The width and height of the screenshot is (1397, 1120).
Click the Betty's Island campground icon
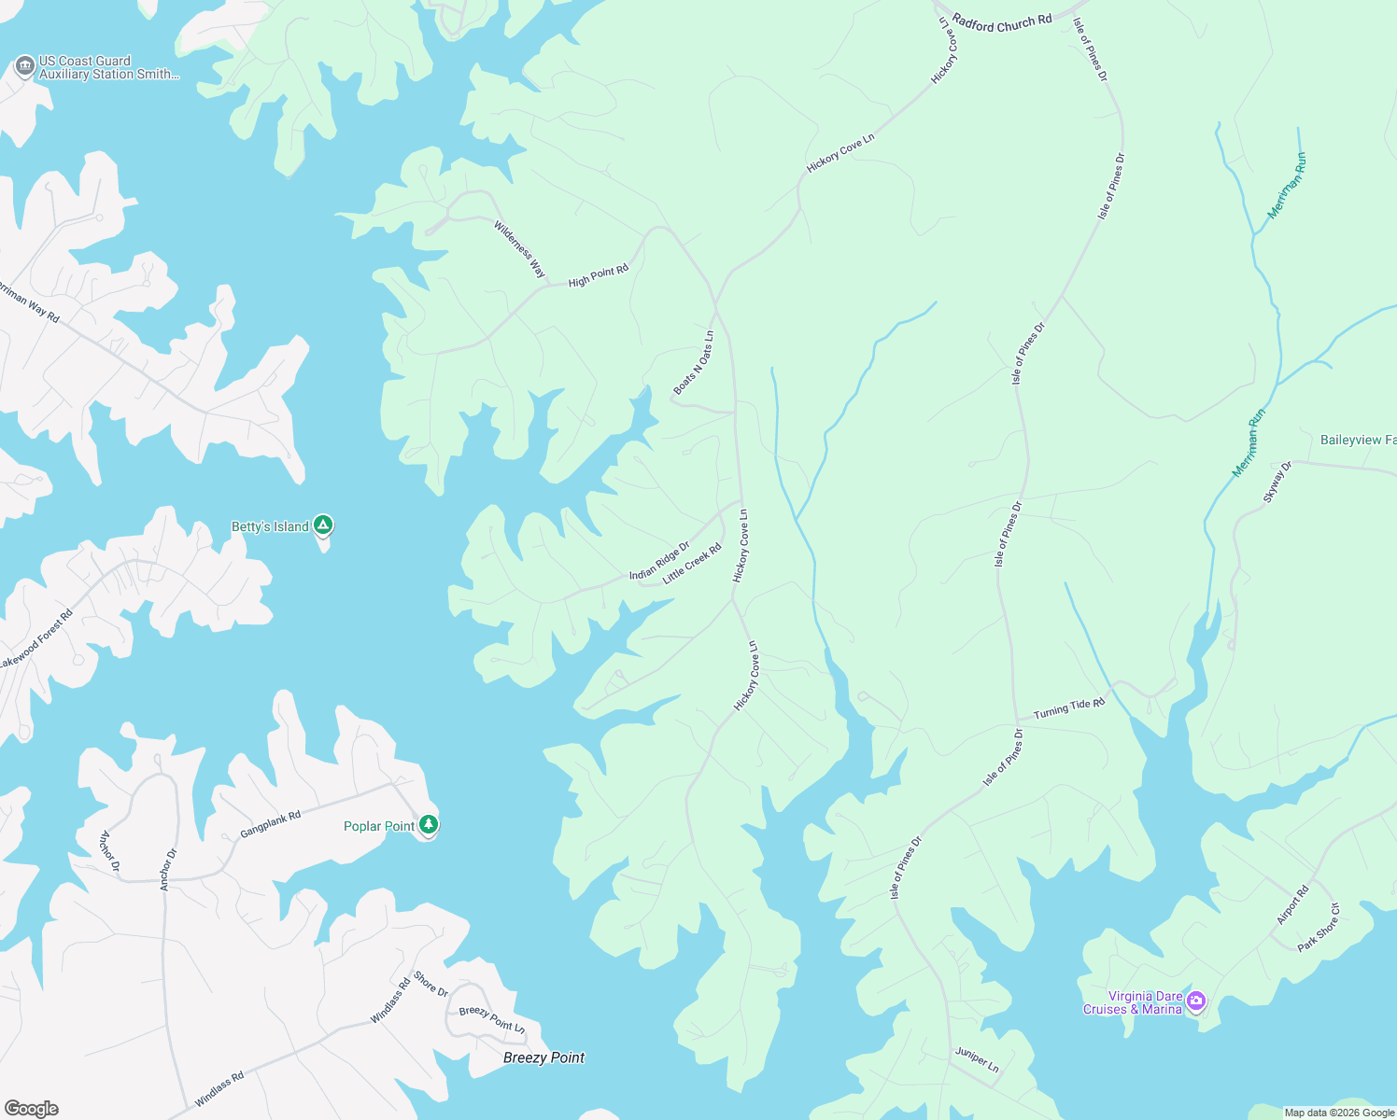coord(323,525)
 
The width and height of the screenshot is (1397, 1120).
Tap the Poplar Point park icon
coord(429,824)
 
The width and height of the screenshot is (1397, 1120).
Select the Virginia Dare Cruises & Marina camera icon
coord(1196,1001)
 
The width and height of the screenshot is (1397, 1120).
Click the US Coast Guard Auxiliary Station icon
coord(25,66)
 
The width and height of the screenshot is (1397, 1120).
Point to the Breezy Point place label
coord(543,1057)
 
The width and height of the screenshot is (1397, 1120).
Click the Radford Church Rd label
coord(1002,22)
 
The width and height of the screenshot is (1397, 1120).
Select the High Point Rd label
coord(599,275)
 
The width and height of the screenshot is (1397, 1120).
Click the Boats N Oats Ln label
coord(694,363)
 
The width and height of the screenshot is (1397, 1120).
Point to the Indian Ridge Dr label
coord(659,561)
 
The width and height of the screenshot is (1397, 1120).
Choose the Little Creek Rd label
coord(692,565)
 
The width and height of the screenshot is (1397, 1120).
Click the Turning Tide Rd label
coord(1068,709)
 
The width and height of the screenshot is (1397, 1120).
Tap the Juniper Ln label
coord(977,1059)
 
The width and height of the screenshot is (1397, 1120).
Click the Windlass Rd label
coord(219,1089)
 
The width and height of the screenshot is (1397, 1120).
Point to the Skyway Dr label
coord(1277,483)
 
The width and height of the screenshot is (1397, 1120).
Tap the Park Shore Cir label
coord(1319,928)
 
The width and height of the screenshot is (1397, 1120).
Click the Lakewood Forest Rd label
coord(35,640)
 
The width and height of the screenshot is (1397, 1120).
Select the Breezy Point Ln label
coord(492,1019)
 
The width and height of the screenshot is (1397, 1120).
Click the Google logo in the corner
coord(32,1109)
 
